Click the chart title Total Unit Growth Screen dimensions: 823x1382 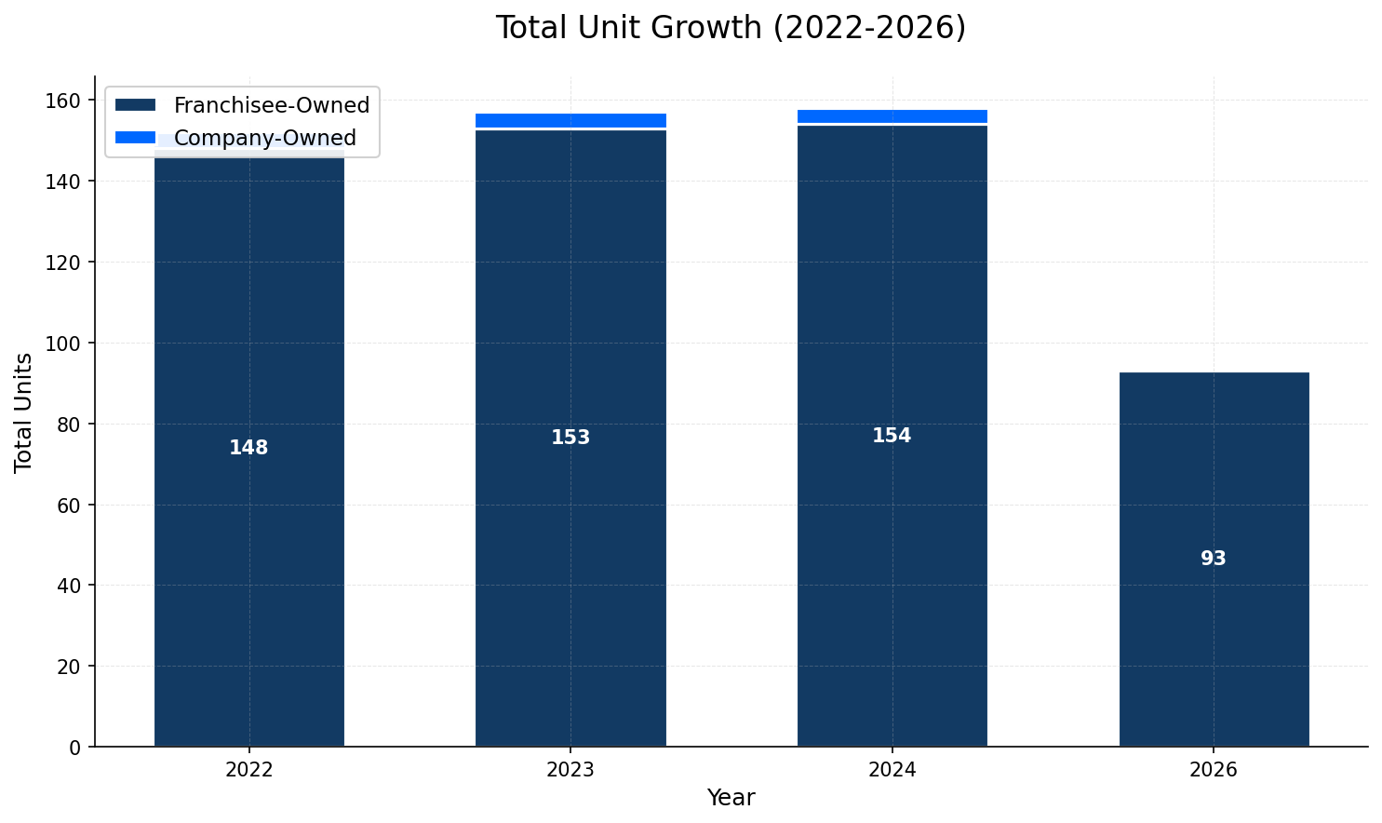(731, 28)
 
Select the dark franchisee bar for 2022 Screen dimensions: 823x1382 (249, 559)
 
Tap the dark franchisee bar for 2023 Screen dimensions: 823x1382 (570, 559)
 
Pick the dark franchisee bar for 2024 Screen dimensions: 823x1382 (892, 559)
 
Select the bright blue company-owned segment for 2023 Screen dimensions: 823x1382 (570, 121)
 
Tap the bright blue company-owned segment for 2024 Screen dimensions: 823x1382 (892, 116)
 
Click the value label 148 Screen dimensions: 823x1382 (249, 448)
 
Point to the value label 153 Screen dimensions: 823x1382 (570, 438)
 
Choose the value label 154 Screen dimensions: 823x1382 (892, 436)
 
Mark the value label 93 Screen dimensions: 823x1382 (1214, 559)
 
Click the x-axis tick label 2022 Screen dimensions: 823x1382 (249, 770)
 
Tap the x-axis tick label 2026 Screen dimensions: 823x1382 (1214, 770)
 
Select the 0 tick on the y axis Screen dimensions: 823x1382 (76, 748)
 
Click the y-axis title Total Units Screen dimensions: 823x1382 (24, 412)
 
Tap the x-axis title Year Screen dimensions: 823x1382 (731, 798)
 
